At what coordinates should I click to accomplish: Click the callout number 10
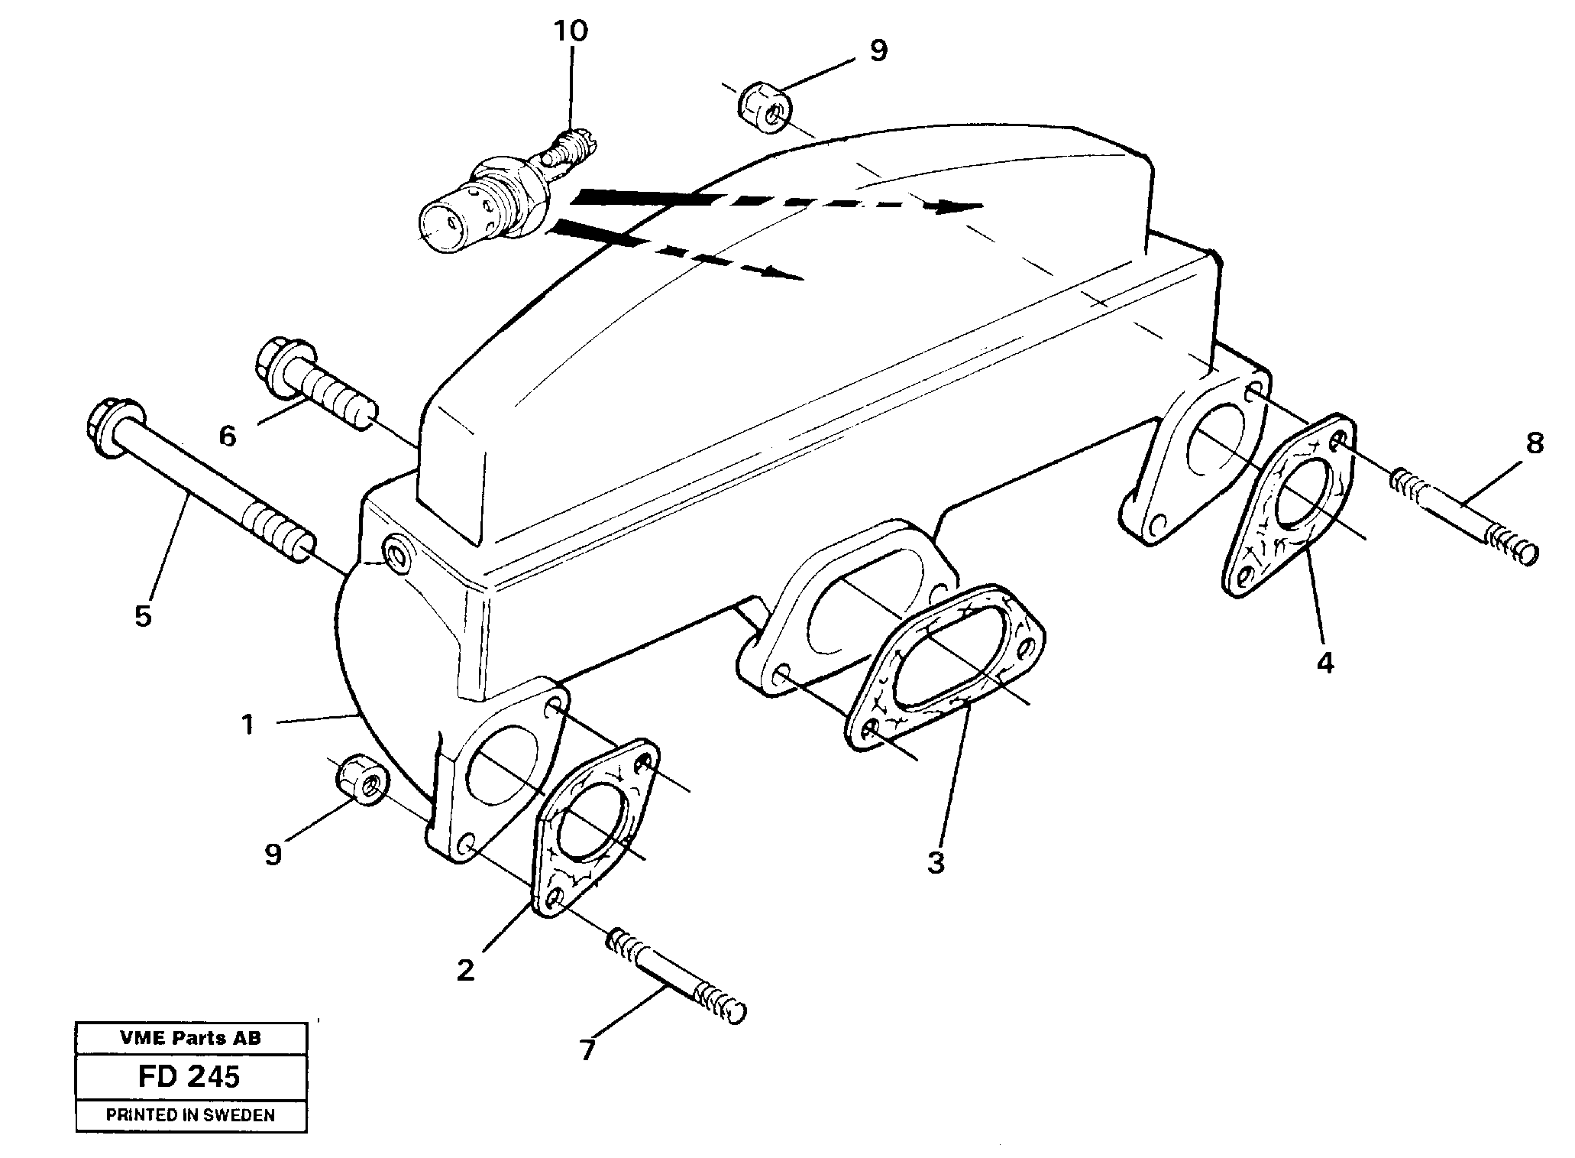pos(571,31)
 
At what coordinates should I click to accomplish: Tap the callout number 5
pos(144,615)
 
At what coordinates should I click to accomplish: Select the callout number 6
pos(228,436)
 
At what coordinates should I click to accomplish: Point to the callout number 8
pos(1534,443)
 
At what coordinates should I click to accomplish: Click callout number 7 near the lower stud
pos(586,1052)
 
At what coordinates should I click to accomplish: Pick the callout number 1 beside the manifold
pos(247,724)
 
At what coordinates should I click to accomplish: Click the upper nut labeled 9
pos(765,108)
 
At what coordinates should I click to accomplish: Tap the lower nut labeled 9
pos(361,779)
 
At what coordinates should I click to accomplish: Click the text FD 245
pos(189,1076)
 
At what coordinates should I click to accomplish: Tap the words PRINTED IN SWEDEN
pos(190,1115)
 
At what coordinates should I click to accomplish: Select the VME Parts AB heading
pos(190,1038)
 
